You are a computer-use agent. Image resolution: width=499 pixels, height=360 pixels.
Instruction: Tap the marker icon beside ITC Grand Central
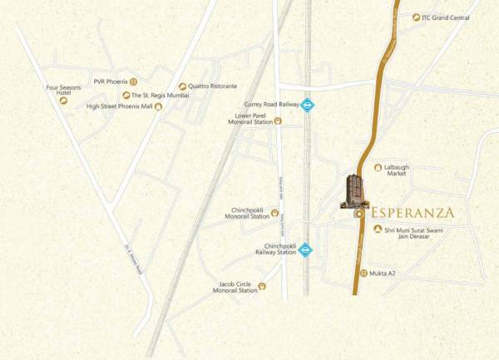pyautogui.click(x=416, y=17)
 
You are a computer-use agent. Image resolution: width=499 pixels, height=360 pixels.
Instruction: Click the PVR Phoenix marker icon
pyautogui.click(x=133, y=81)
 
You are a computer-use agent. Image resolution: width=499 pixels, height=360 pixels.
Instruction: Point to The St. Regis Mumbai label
pyautogui.click(x=161, y=96)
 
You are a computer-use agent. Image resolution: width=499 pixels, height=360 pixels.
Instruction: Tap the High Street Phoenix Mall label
pyautogui.click(x=120, y=106)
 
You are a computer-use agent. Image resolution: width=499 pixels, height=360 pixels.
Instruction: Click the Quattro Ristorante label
pyautogui.click(x=213, y=86)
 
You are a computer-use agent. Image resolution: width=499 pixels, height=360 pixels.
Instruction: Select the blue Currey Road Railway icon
pyautogui.click(x=307, y=105)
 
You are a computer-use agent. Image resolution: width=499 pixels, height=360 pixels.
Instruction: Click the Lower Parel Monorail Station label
pyautogui.click(x=250, y=119)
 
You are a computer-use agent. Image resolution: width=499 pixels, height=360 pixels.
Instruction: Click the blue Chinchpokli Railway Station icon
pyautogui.click(x=305, y=249)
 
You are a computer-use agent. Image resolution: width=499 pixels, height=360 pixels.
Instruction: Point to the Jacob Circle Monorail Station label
pyautogui.click(x=236, y=287)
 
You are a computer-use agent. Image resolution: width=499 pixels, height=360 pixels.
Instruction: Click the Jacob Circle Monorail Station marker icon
pyautogui.click(x=263, y=287)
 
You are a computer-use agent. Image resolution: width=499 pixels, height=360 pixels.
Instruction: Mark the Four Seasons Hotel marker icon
pyautogui.click(x=63, y=101)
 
